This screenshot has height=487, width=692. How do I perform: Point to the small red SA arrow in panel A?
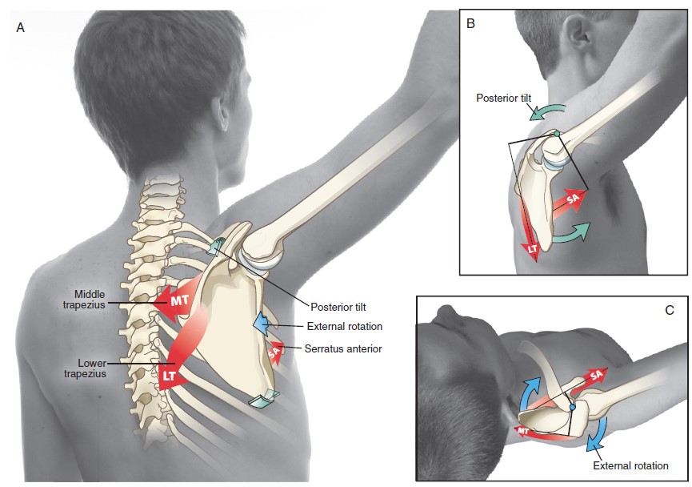click(x=274, y=351)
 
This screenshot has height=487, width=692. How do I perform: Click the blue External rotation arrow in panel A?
click(x=262, y=324)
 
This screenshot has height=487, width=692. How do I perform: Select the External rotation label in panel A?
click(x=345, y=326)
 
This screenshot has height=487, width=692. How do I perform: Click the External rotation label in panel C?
click(x=630, y=465)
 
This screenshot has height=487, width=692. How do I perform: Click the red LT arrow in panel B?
click(x=531, y=244)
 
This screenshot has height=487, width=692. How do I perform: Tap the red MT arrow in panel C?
click(x=527, y=431)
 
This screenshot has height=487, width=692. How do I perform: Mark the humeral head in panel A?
click(x=268, y=244)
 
